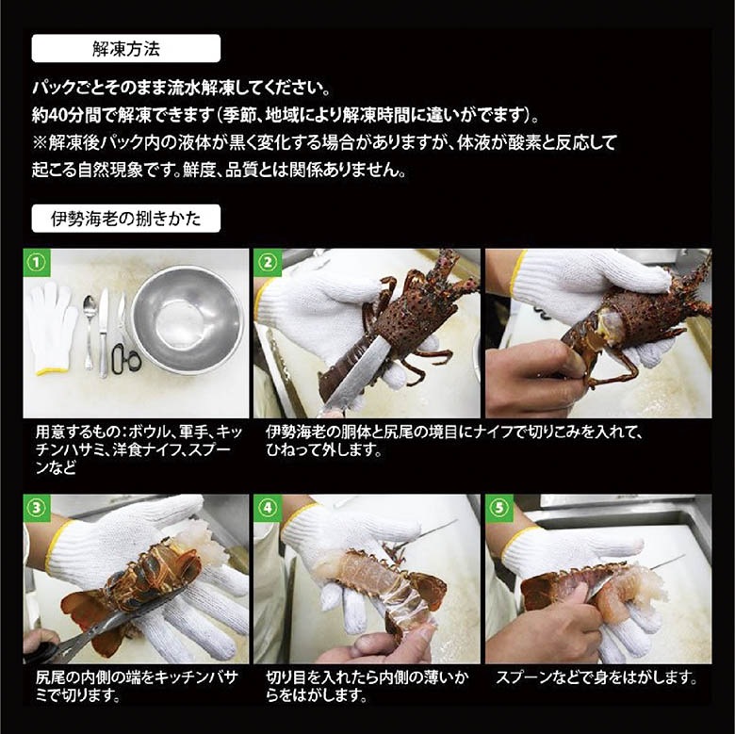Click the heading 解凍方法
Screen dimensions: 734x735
tap(126, 48)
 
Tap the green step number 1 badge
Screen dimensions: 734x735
tap(36, 261)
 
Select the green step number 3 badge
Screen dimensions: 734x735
tap(36, 507)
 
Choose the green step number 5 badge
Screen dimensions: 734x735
tap(498, 507)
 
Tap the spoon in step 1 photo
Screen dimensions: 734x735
tap(88, 330)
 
